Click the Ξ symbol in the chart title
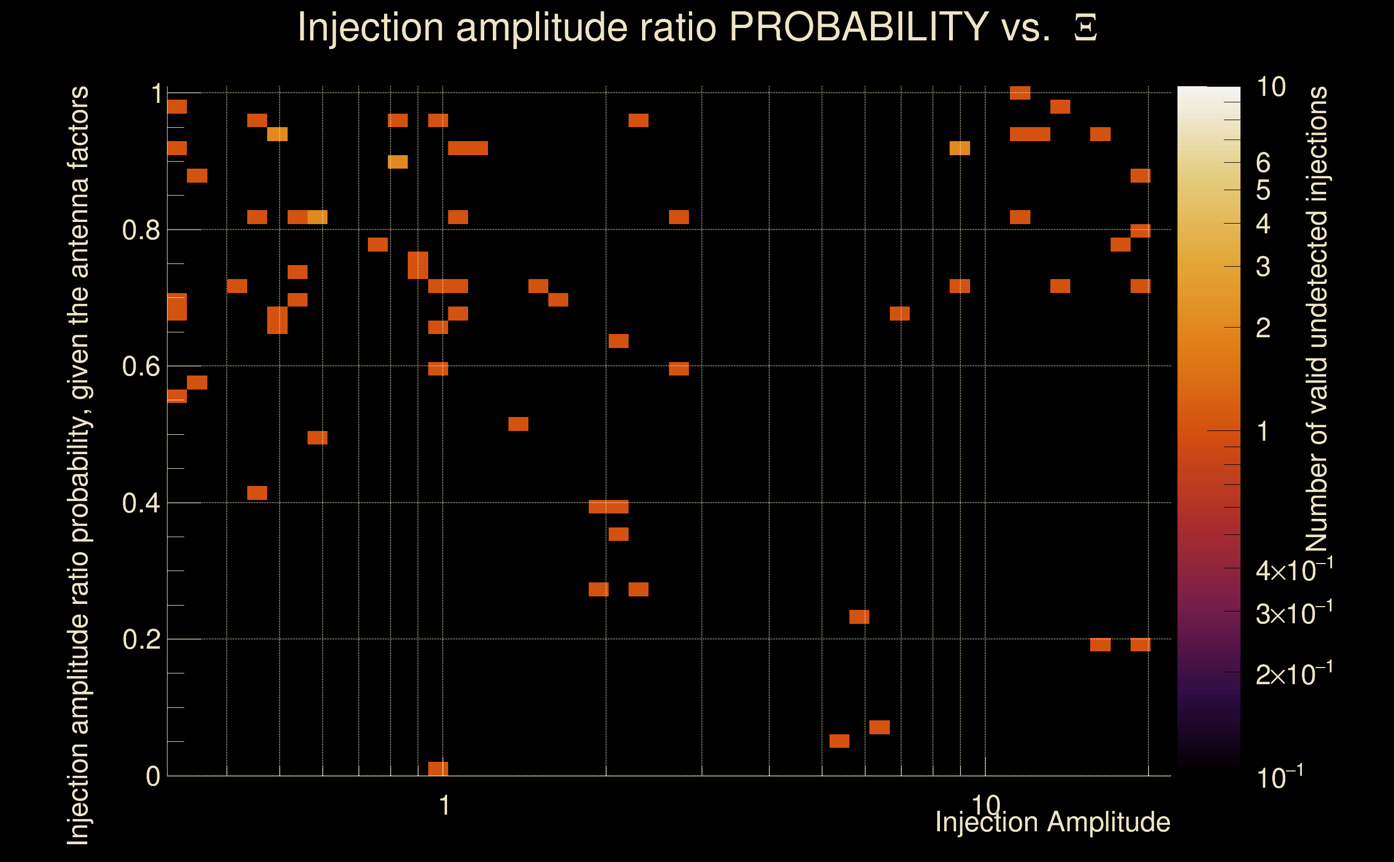point(1085,28)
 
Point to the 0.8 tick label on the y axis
point(141,231)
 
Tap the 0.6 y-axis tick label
point(141,366)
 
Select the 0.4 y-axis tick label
point(141,503)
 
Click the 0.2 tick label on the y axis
point(141,639)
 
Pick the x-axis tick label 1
point(444,805)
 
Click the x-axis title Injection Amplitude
point(1053,822)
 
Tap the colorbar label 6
point(1263,163)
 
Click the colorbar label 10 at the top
point(1271,87)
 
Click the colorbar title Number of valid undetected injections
point(1316,319)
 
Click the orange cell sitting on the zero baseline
point(438,768)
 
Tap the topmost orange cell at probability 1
point(1020,93)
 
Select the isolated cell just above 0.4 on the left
point(257,493)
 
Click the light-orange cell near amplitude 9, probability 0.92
point(960,148)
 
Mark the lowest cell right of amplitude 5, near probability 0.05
point(839,741)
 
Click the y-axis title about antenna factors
point(78,464)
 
